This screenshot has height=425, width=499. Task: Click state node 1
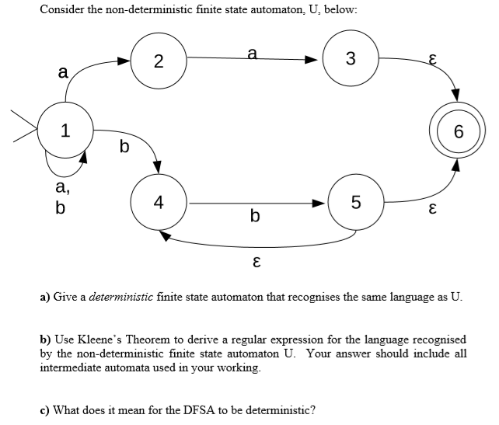coord(66,130)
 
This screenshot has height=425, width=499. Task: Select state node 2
coord(158,60)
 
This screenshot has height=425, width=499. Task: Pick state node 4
coord(159,203)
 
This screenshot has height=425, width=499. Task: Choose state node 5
coord(355,204)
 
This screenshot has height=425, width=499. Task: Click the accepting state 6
coord(459,131)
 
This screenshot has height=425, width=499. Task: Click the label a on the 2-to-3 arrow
coord(250,53)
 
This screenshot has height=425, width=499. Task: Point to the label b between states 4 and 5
coord(255,215)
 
